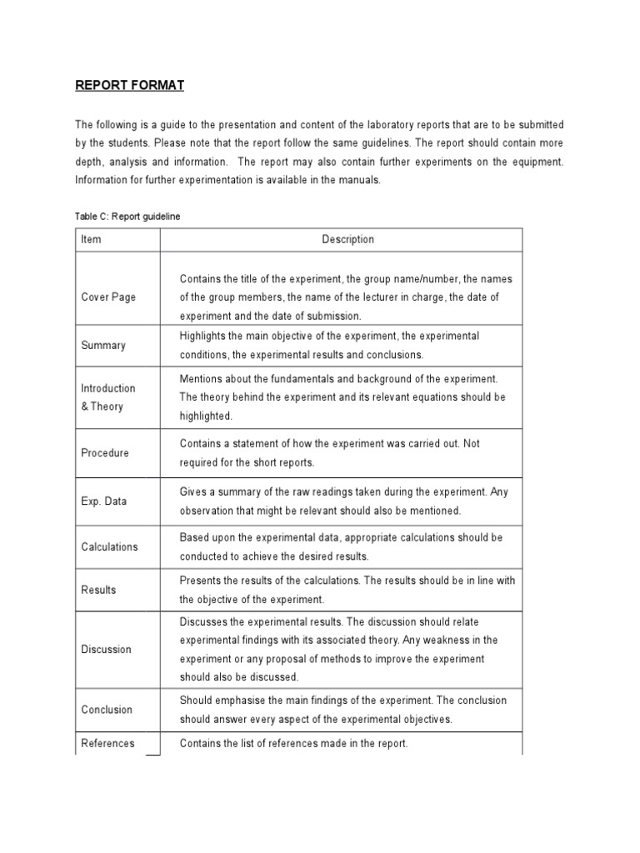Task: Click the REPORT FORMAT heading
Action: click(129, 85)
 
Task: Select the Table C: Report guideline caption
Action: click(127, 216)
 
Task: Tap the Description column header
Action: click(348, 240)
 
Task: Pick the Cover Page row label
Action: click(108, 297)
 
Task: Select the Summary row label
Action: click(103, 346)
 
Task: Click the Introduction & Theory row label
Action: click(107, 397)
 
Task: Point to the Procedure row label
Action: click(105, 453)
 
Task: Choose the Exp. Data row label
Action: click(104, 501)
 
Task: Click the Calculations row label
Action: click(109, 547)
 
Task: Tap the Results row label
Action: click(98, 590)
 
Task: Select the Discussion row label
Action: click(106, 650)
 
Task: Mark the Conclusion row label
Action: click(107, 710)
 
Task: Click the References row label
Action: click(107, 744)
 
